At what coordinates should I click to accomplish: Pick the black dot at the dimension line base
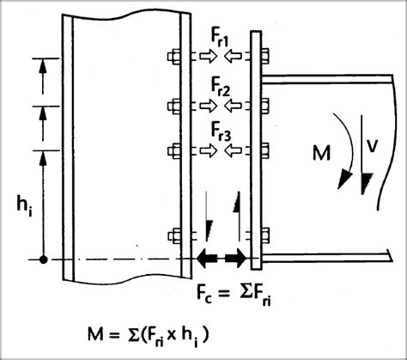(x=43, y=259)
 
